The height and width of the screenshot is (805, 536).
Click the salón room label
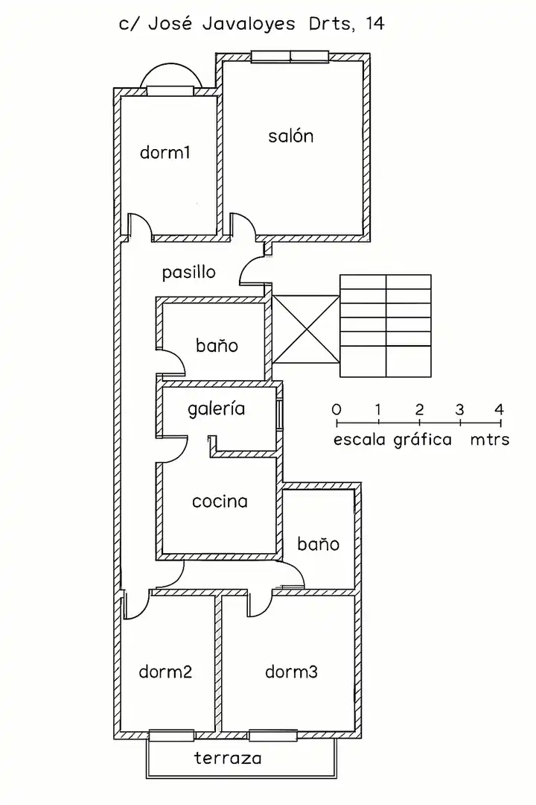click(x=290, y=136)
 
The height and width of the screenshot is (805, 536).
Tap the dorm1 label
click(x=165, y=154)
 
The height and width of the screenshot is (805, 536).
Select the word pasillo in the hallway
click(x=189, y=272)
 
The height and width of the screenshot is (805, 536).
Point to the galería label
click(x=216, y=409)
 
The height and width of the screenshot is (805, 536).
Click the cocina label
click(x=220, y=502)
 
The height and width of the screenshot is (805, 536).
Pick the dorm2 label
click(x=165, y=672)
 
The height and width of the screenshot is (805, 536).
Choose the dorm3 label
click(x=291, y=672)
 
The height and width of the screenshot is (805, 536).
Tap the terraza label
click(x=228, y=760)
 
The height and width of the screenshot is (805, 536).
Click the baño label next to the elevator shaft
click(x=217, y=346)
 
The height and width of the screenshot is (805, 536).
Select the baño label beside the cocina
click(x=318, y=544)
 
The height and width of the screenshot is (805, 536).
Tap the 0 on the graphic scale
click(x=336, y=409)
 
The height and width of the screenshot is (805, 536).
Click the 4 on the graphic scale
click(x=499, y=409)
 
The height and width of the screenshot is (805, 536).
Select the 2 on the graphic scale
click(x=419, y=409)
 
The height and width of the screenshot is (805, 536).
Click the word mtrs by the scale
click(x=489, y=440)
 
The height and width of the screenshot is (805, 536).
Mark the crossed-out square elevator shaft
click(x=305, y=329)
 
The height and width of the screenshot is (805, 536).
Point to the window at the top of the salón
click(x=290, y=57)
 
